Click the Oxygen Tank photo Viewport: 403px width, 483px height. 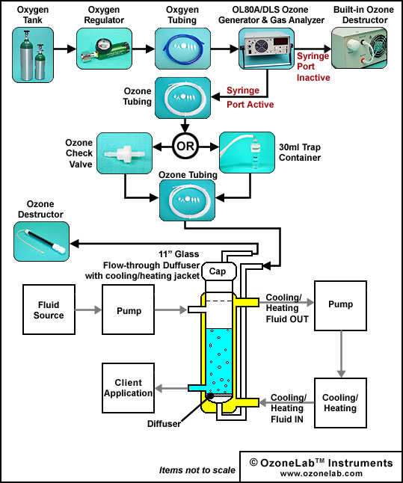pyautogui.click(x=33, y=55)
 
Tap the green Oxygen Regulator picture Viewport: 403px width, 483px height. pyautogui.click(x=104, y=49)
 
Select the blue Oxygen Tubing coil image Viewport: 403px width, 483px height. pyautogui.click(x=182, y=49)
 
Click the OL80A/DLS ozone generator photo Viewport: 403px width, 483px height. pyautogui.click(x=266, y=49)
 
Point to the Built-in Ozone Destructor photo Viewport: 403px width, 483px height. pyautogui.click(x=359, y=48)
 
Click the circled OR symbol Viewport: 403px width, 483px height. pyautogui.click(x=185, y=146)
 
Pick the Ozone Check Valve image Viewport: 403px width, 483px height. pyautogui.click(x=124, y=153)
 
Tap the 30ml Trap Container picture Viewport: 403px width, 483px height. pyautogui.click(x=247, y=153)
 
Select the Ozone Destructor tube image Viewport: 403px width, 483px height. pyautogui.click(x=42, y=241)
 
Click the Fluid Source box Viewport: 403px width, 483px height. pyautogui.click(x=49, y=310)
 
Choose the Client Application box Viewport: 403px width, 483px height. pyautogui.click(x=128, y=388)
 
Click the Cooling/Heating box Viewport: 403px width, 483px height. pyautogui.click(x=340, y=403)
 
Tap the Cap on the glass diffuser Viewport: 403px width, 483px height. pyautogui.click(x=219, y=271)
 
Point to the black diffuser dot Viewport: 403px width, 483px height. pyautogui.click(x=210, y=396)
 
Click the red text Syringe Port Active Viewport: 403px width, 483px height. pyautogui.click(x=250, y=97)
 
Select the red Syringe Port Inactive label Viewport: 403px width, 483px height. pyautogui.click(x=313, y=67)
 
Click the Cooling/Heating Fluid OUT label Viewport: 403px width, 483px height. pyautogui.click(x=287, y=308)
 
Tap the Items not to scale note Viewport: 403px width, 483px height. pyautogui.click(x=197, y=470)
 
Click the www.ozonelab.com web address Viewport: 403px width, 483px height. pyautogui.click(x=322, y=473)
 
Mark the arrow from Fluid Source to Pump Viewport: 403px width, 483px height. pyautogui.click(x=88, y=310)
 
